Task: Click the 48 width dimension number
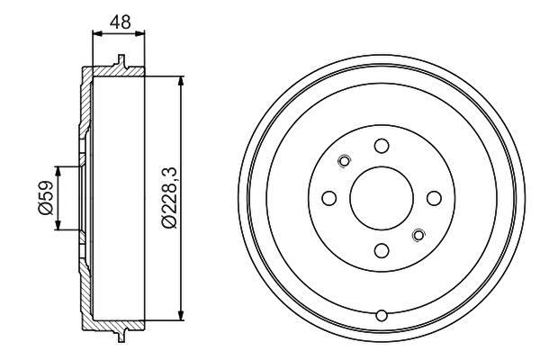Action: (x=121, y=22)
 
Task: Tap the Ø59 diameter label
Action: (x=46, y=198)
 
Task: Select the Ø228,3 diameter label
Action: (x=169, y=198)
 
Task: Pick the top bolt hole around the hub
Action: (x=382, y=146)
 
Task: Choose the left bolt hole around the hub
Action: (x=329, y=198)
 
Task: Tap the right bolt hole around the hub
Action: (x=434, y=198)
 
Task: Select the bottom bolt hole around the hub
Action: (x=382, y=250)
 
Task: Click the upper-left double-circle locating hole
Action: (x=344, y=161)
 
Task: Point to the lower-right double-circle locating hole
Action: (x=418, y=235)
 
